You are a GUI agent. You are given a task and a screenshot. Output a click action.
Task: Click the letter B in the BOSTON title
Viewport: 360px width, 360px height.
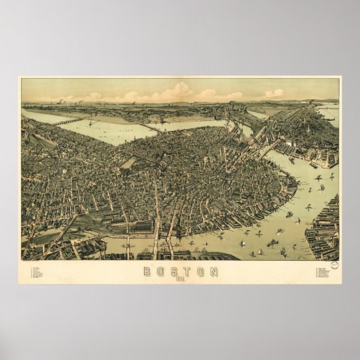147,272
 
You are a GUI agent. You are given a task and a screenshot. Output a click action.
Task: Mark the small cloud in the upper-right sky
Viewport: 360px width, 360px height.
274,93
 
